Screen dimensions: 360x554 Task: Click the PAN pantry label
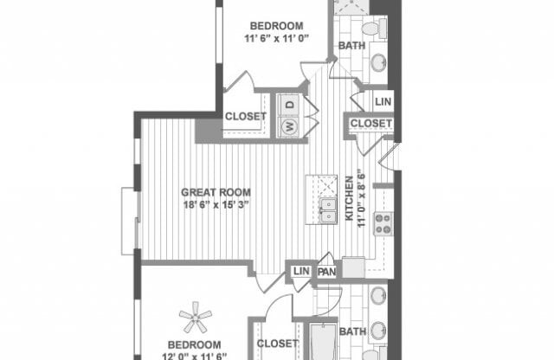[x=326, y=273]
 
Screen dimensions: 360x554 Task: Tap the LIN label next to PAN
[x=301, y=273]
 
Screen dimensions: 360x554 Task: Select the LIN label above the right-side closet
[x=383, y=101]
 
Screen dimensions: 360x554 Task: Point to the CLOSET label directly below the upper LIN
[x=370, y=125]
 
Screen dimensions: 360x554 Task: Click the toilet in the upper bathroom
[x=370, y=28]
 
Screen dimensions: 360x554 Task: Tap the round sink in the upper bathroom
[x=378, y=61]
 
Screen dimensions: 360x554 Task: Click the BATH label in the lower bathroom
[x=352, y=331]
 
